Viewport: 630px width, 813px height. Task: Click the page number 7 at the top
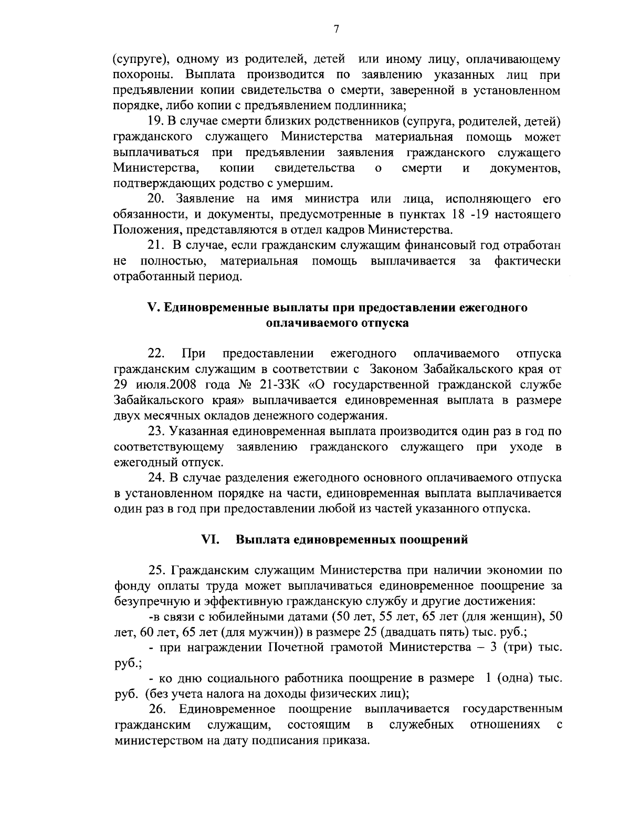pos(337,29)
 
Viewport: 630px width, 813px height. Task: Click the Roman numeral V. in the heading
pos(153,308)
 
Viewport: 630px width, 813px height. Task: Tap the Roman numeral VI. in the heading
pos(210,539)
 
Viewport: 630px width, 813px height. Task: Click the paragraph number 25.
pos(157,569)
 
